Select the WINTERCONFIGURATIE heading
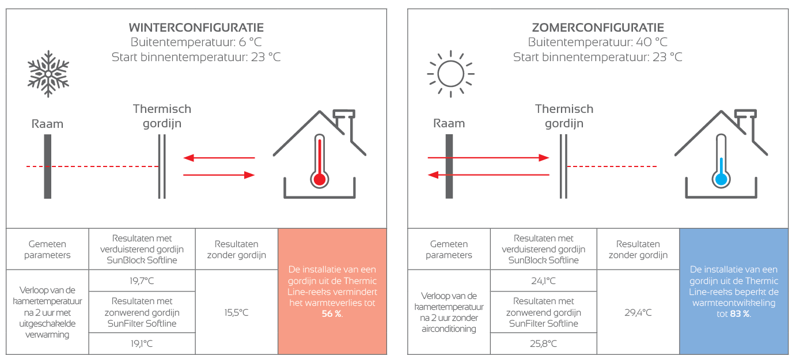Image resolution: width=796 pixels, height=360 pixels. pos(196,27)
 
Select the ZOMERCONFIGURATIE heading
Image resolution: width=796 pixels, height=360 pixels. pos(598,27)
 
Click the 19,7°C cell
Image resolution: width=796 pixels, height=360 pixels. pos(142,281)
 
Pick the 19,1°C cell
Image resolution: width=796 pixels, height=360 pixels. pos(142,344)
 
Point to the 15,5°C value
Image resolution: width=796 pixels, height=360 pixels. pos(236,312)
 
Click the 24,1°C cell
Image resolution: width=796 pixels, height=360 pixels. pos(543,281)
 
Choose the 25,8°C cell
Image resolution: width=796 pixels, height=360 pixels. pos(543,344)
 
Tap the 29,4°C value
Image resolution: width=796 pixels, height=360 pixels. pos(638,312)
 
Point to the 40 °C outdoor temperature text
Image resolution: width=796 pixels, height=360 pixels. pos(652,42)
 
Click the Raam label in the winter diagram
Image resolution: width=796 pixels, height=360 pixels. pos(47,124)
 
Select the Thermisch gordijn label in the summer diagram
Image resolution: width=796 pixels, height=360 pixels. pos(564,116)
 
